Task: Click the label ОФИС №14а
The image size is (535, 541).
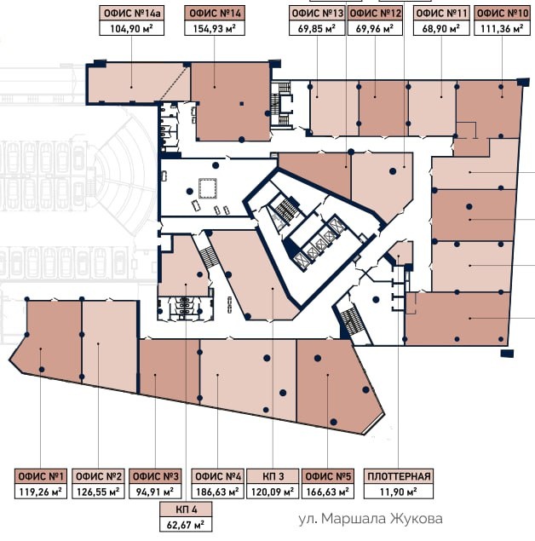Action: (x=131, y=14)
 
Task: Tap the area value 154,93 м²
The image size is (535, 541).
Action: (x=214, y=28)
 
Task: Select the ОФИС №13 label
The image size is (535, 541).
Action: (x=318, y=14)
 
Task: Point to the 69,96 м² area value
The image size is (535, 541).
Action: (x=375, y=28)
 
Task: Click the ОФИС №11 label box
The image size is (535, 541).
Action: (x=441, y=14)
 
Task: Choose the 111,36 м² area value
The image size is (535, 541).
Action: (x=502, y=28)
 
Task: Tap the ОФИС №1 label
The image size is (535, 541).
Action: (x=41, y=476)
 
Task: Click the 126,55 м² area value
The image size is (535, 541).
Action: (x=98, y=492)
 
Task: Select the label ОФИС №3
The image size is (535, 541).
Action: (x=155, y=476)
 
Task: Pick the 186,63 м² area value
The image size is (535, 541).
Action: (x=217, y=492)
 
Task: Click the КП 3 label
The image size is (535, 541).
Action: (x=273, y=476)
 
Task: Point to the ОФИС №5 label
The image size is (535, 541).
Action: (x=328, y=476)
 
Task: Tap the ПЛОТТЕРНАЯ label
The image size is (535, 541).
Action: (x=399, y=476)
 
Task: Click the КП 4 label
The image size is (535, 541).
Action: (x=187, y=509)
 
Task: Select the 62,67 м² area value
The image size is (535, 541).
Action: (x=186, y=525)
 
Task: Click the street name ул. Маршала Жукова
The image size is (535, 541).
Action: (x=370, y=519)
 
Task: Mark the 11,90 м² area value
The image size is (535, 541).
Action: (x=399, y=492)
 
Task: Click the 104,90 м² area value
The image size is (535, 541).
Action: (x=131, y=28)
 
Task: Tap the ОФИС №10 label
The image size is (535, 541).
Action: (x=502, y=14)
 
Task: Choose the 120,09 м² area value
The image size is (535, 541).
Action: (x=273, y=492)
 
